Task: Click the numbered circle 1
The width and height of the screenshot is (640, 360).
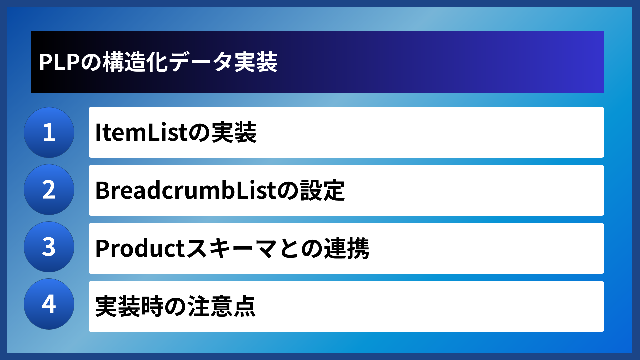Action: pyautogui.click(x=49, y=132)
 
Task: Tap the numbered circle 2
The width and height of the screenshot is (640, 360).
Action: pyautogui.click(x=49, y=190)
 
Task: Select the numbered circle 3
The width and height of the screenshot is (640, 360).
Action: pyautogui.click(x=49, y=247)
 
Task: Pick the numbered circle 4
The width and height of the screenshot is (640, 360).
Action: pyautogui.click(x=49, y=304)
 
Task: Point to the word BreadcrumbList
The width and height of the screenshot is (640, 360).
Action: pyautogui.click(x=186, y=190)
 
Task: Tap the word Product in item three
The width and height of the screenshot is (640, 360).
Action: pyautogui.click(x=140, y=249)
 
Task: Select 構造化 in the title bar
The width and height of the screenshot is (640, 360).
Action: pyautogui.click(x=135, y=62)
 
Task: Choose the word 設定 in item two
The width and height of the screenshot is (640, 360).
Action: pyautogui.click(x=323, y=190)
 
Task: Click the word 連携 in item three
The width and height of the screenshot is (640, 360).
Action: pyautogui.click(x=347, y=249)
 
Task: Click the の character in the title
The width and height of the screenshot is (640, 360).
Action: pyautogui.click(x=91, y=62)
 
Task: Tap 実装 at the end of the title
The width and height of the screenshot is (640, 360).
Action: pyautogui.click(x=256, y=62)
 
